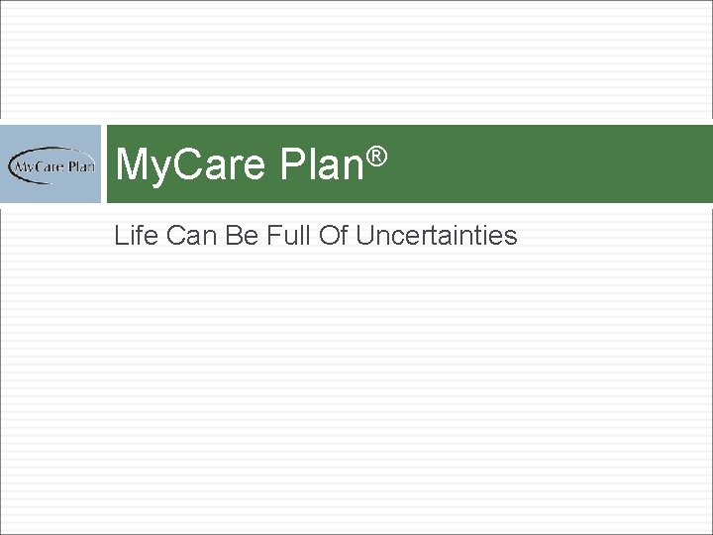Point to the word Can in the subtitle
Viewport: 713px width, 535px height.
185,236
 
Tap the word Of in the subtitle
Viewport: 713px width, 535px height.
325,236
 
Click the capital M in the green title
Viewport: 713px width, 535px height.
131,164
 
